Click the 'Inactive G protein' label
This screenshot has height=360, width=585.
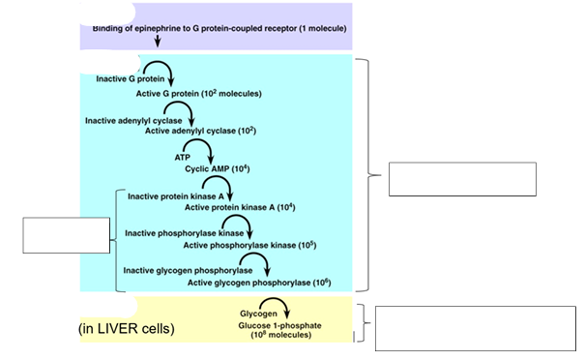pyautogui.click(x=125, y=77)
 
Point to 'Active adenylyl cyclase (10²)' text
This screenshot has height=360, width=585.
pyautogui.click(x=200, y=130)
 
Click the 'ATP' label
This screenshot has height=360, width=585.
pyautogui.click(x=183, y=156)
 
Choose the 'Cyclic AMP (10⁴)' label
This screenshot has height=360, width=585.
pyautogui.click(x=211, y=167)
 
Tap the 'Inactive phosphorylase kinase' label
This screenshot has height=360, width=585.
pyautogui.click(x=184, y=232)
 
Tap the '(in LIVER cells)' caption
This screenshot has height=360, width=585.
pyautogui.click(x=126, y=329)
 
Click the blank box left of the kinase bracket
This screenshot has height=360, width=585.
pyautogui.click(x=67, y=235)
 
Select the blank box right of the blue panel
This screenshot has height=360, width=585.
pyautogui.click(x=461, y=179)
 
